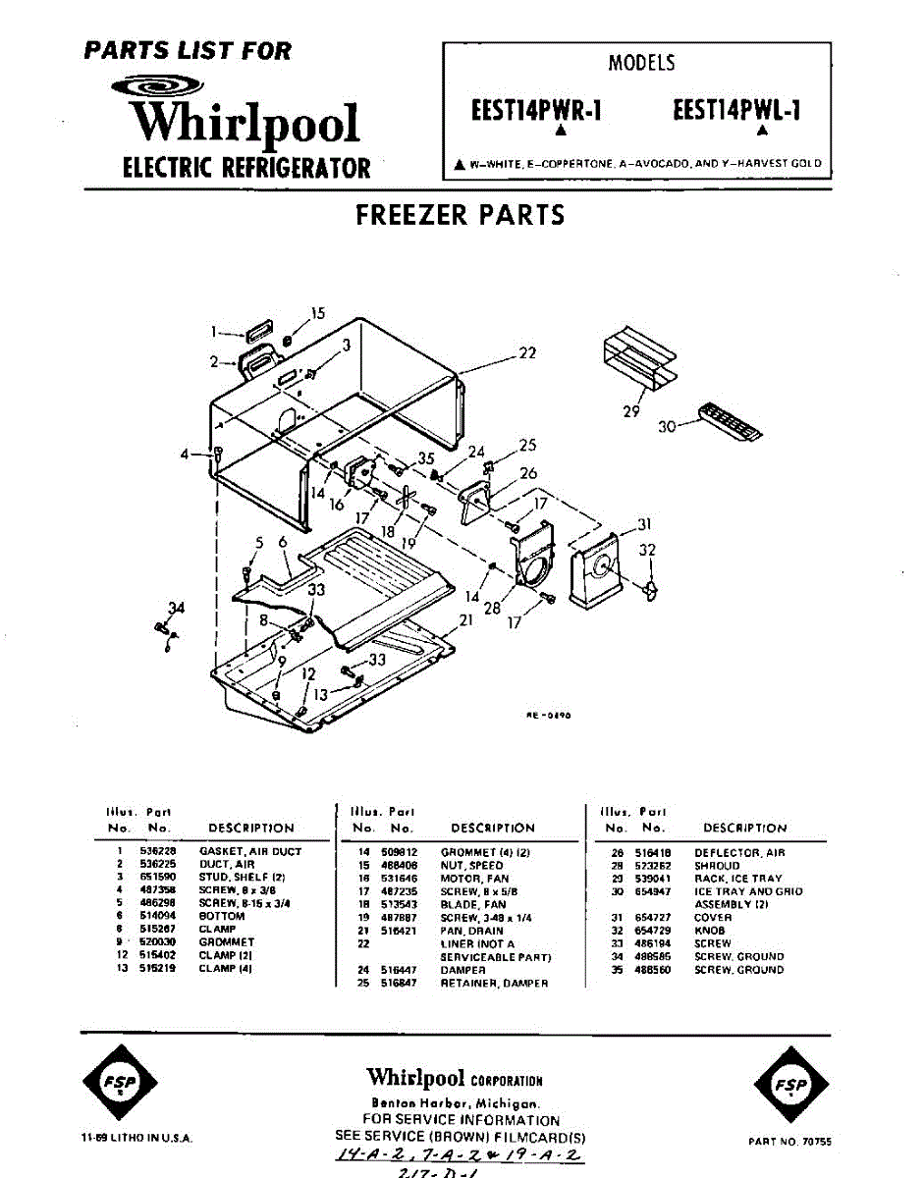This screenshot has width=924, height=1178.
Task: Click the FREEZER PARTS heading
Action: [461, 215]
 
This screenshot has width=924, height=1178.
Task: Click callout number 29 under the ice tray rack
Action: [631, 410]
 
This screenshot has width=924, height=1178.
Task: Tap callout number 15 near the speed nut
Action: [317, 314]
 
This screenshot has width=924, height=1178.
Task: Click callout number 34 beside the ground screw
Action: [176, 609]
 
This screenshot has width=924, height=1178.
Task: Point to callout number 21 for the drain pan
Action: [466, 620]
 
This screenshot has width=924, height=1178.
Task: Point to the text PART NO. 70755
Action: [788, 1142]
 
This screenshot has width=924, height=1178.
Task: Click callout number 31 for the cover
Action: [644, 523]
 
